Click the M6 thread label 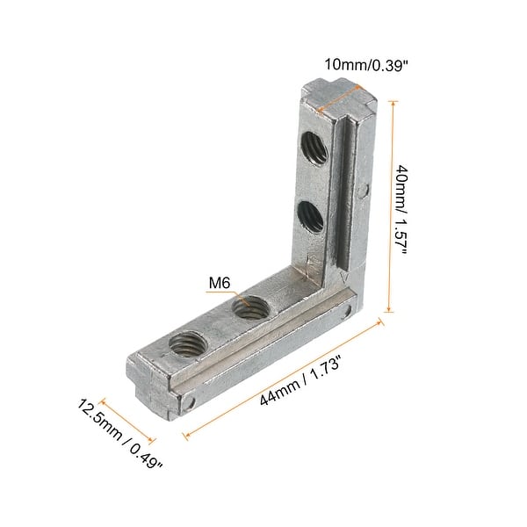(220, 284)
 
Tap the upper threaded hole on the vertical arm (314, 148)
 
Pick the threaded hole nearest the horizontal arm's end (186, 343)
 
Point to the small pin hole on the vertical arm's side (364, 188)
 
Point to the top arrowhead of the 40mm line (386, 104)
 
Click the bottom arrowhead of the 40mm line (386, 310)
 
